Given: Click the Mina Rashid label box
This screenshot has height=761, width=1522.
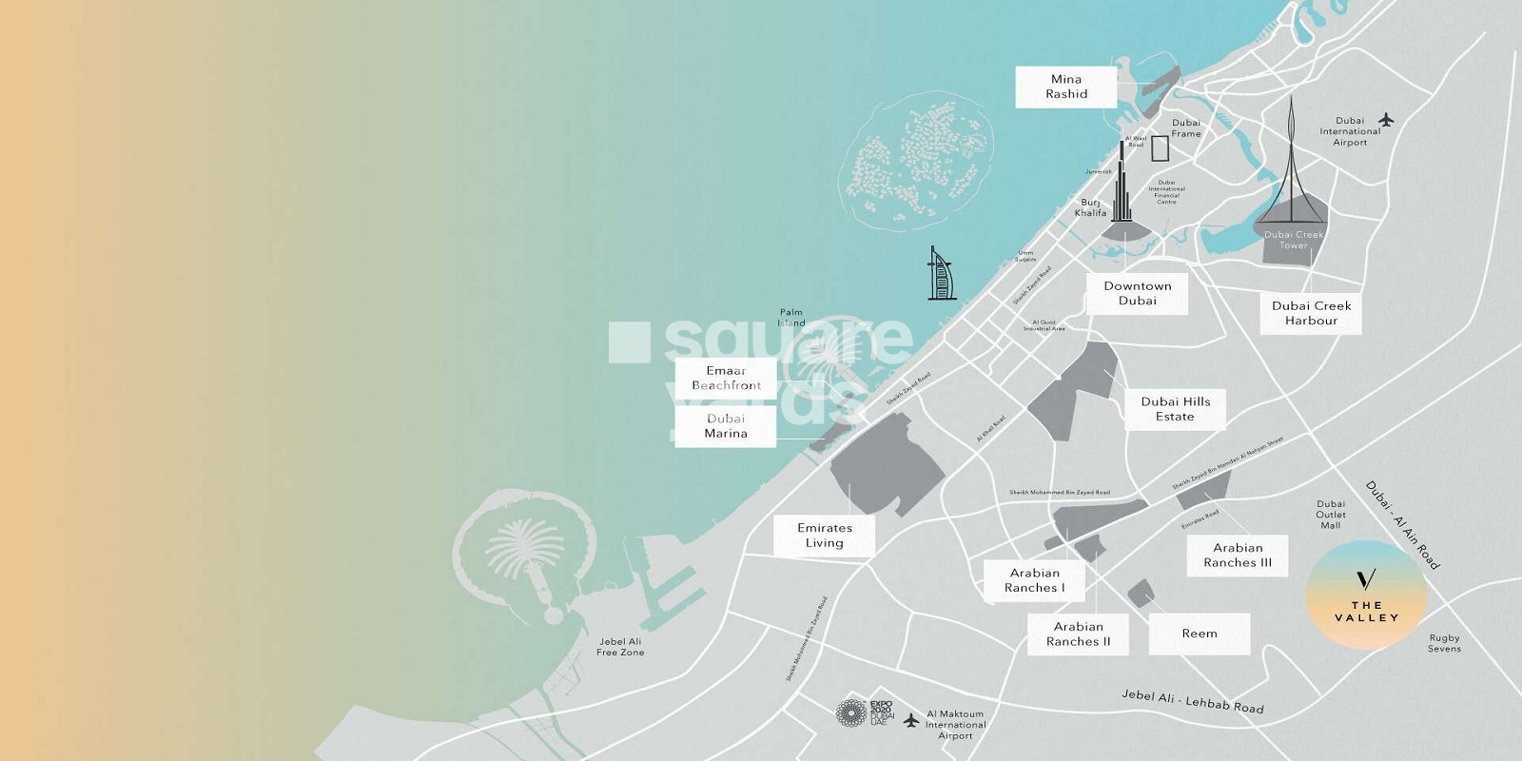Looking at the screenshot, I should pos(1065,87).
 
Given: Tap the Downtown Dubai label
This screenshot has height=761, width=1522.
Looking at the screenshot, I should pos(1137,293).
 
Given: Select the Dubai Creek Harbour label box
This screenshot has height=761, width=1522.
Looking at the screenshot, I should pos(1311,313).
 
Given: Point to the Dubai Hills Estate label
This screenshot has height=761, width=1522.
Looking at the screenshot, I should pos(1175,409).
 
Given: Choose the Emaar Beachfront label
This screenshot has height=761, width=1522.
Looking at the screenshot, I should pos(726,378).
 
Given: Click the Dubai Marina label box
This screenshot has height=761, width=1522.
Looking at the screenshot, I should pos(726,425).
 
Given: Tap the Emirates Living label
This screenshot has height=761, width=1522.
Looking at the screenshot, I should pos(824,536).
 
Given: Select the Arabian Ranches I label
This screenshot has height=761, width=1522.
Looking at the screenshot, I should pos(1034,580).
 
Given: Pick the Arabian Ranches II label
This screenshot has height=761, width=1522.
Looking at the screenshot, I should pos(1078,634).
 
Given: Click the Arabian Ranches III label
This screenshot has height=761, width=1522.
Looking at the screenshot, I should pos(1237,555).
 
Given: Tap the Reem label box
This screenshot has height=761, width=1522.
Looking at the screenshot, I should pos(1199,634).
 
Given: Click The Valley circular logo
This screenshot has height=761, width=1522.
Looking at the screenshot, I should pos(1366,595).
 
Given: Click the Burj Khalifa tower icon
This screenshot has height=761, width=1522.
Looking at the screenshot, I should pos(1122,185).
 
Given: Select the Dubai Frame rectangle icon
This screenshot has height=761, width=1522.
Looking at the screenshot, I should pos(1160,148).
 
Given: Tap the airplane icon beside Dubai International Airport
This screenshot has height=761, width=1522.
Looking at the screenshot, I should pos(1385,120).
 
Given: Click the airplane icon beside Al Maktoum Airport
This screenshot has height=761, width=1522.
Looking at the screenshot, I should pos(911,720).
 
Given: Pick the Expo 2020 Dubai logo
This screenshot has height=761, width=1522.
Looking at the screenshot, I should pos(864,712).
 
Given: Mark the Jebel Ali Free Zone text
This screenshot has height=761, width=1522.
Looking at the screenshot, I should pos(620,647).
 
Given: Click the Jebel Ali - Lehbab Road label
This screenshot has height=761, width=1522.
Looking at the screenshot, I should pos(1192,702).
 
